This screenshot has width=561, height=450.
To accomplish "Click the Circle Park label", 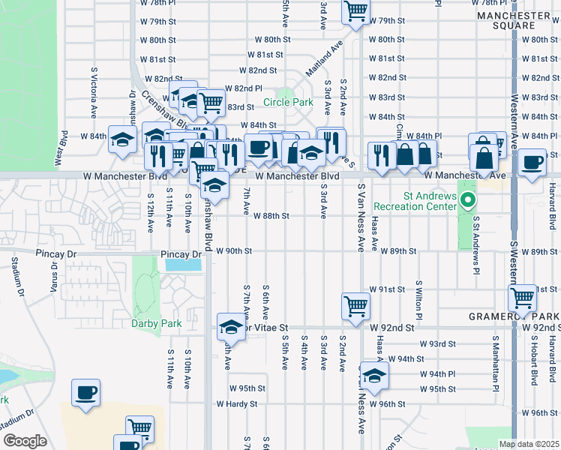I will (288, 102).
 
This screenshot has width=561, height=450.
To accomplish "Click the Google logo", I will (24, 441).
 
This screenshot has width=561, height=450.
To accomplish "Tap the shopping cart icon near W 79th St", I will (355, 10).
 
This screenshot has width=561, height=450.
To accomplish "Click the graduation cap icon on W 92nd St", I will (230, 327).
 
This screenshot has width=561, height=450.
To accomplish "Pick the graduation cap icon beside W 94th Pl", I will (373, 376).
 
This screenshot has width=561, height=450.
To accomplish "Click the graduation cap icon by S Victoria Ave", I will (121, 139).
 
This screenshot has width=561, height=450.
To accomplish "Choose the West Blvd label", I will (58, 151).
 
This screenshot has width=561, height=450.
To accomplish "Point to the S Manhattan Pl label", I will (496, 359).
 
